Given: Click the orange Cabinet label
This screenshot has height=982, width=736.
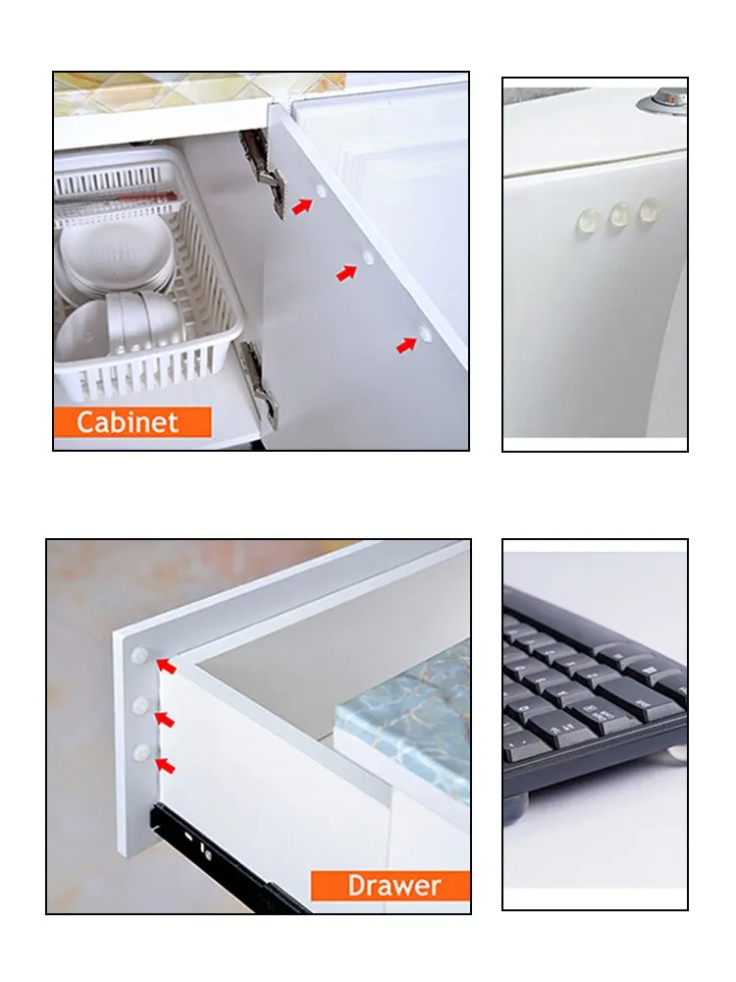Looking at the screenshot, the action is [132, 422].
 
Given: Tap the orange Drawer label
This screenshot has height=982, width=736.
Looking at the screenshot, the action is [391, 886].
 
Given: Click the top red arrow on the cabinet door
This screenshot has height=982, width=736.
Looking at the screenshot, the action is [302, 206].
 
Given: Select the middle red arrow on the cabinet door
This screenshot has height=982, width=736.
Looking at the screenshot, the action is [346, 273].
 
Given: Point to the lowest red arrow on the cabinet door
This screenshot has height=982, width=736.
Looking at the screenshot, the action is [407, 345].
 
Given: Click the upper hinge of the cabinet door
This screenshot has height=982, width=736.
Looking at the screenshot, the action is [263, 172].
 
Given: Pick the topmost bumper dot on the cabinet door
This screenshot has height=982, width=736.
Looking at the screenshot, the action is [321, 191].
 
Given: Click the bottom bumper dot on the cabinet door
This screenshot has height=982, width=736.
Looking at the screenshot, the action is [425, 334].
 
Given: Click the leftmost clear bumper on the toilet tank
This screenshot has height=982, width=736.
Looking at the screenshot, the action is [588, 222].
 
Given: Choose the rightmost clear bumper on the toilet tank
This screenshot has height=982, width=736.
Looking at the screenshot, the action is [651, 210].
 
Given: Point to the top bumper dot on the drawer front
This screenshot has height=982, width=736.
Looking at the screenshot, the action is [139, 656].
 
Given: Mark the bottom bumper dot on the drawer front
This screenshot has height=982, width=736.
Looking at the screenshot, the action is [142, 753].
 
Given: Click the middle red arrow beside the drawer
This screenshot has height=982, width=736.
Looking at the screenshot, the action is [165, 720].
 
